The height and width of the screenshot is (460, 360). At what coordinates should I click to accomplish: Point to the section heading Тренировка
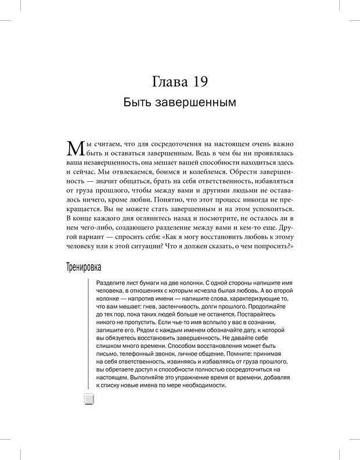point(81,268)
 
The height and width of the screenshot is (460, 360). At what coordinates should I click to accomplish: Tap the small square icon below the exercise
point(89,398)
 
